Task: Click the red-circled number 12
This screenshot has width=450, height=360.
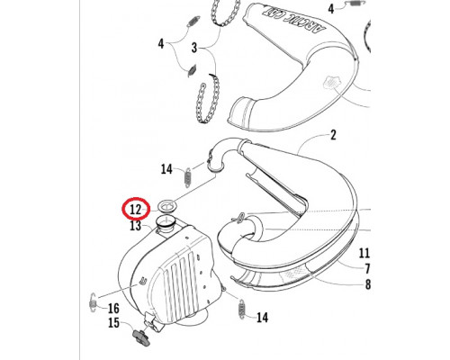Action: coord(135,209)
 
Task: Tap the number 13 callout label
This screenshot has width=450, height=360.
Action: coord(135,225)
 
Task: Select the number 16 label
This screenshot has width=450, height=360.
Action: coord(113,309)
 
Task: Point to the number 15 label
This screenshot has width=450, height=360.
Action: coord(113,323)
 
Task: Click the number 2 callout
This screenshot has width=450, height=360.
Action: coord(333,135)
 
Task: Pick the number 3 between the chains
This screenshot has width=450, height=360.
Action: coord(194,48)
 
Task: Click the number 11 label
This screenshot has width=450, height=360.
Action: coord(364,254)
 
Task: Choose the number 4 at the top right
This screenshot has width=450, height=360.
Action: coord(331,9)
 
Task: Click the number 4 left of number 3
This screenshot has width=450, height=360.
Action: coord(161,44)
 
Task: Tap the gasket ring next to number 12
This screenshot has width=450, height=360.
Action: coord(167,207)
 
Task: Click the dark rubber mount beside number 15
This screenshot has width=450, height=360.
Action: coord(141,337)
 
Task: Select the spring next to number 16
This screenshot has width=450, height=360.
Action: coord(93,301)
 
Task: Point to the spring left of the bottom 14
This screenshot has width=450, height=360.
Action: coord(242,309)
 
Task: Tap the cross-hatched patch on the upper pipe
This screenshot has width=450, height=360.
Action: coord(331,82)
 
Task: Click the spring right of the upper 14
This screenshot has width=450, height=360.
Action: coord(187,178)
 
